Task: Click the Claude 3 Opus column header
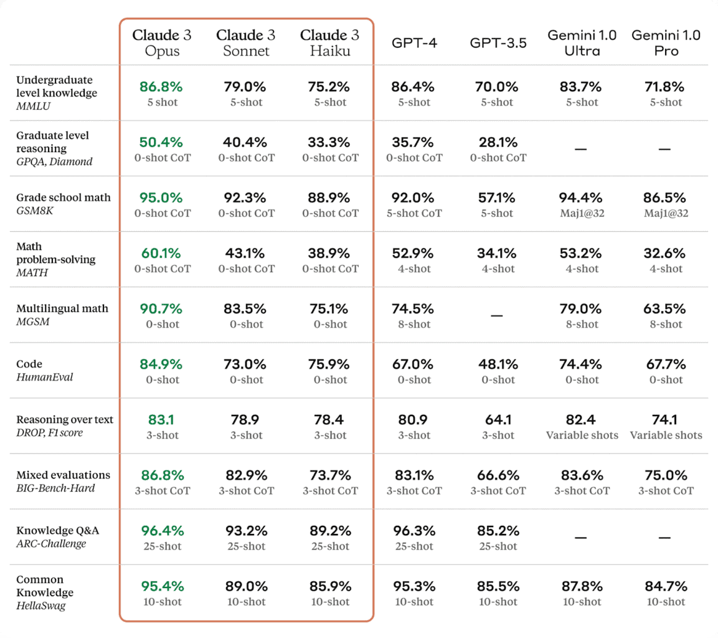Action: [161, 42]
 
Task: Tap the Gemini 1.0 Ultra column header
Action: [582, 42]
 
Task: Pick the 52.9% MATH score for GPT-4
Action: [414, 253]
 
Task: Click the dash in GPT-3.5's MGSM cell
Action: [496, 316]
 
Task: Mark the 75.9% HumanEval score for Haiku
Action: [330, 364]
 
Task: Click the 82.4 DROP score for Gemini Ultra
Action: [582, 419]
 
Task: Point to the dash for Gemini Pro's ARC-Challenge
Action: [664, 537]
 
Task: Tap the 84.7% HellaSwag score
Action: [666, 586]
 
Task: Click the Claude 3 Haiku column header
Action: [330, 42]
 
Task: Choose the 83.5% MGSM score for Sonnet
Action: [245, 308]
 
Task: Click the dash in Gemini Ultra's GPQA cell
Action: [582, 149]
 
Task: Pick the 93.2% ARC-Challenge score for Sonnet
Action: [245, 531]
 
